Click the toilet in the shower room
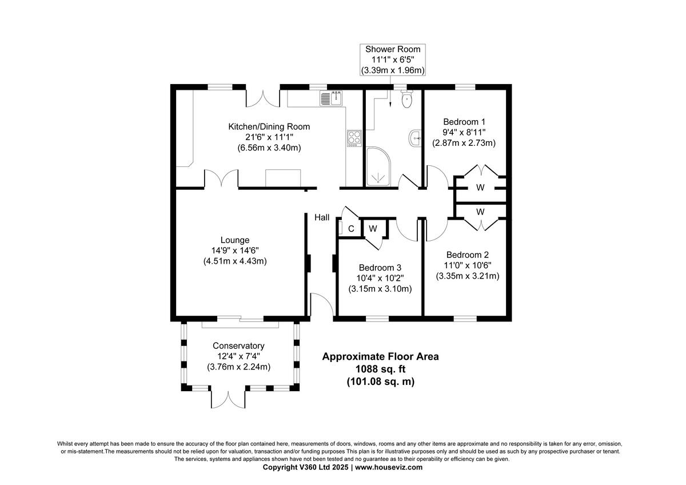click(406, 100)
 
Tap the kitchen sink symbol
click(331, 98)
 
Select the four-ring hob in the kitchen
click(354, 138)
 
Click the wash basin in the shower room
click(414, 137)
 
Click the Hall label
click(322, 217)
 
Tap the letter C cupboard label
click(351, 229)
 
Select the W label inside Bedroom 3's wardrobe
click(373, 229)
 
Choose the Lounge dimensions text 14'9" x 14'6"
click(235, 251)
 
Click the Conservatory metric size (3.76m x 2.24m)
click(238, 367)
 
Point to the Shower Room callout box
click(393, 59)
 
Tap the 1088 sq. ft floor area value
click(380, 369)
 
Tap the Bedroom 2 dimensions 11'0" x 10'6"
click(467, 265)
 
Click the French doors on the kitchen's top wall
click(262, 97)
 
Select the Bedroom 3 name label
click(380, 268)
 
